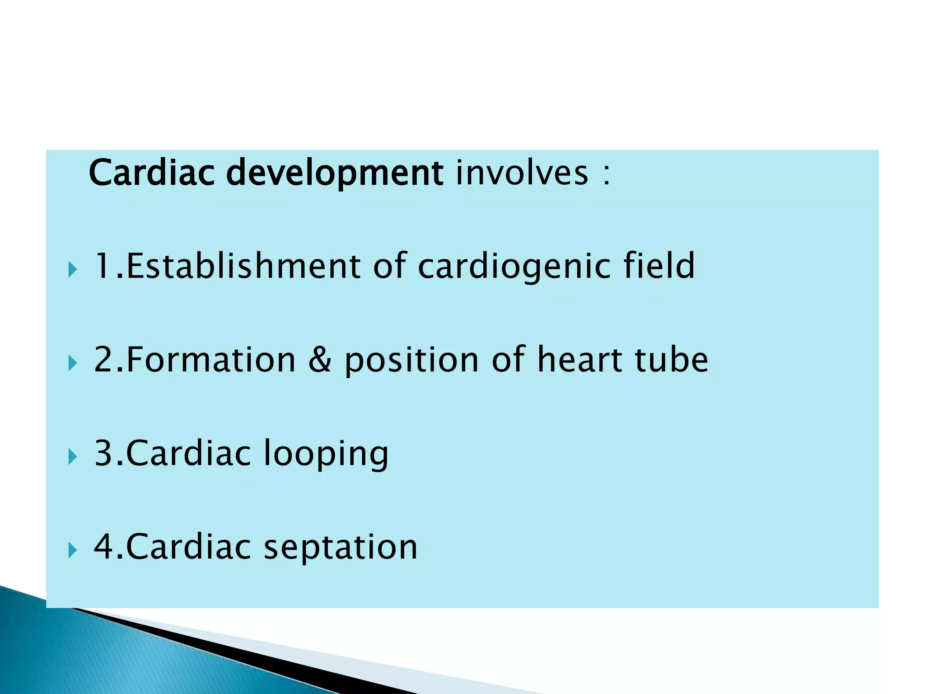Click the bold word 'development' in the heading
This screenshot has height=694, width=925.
334,173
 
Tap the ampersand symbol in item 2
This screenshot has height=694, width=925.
320,360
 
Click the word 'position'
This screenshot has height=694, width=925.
411,361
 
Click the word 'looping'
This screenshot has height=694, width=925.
325,454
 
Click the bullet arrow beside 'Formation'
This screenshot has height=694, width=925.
72,364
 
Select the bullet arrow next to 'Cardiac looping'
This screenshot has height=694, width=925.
72,457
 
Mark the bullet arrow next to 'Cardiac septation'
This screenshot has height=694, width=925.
72,551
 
